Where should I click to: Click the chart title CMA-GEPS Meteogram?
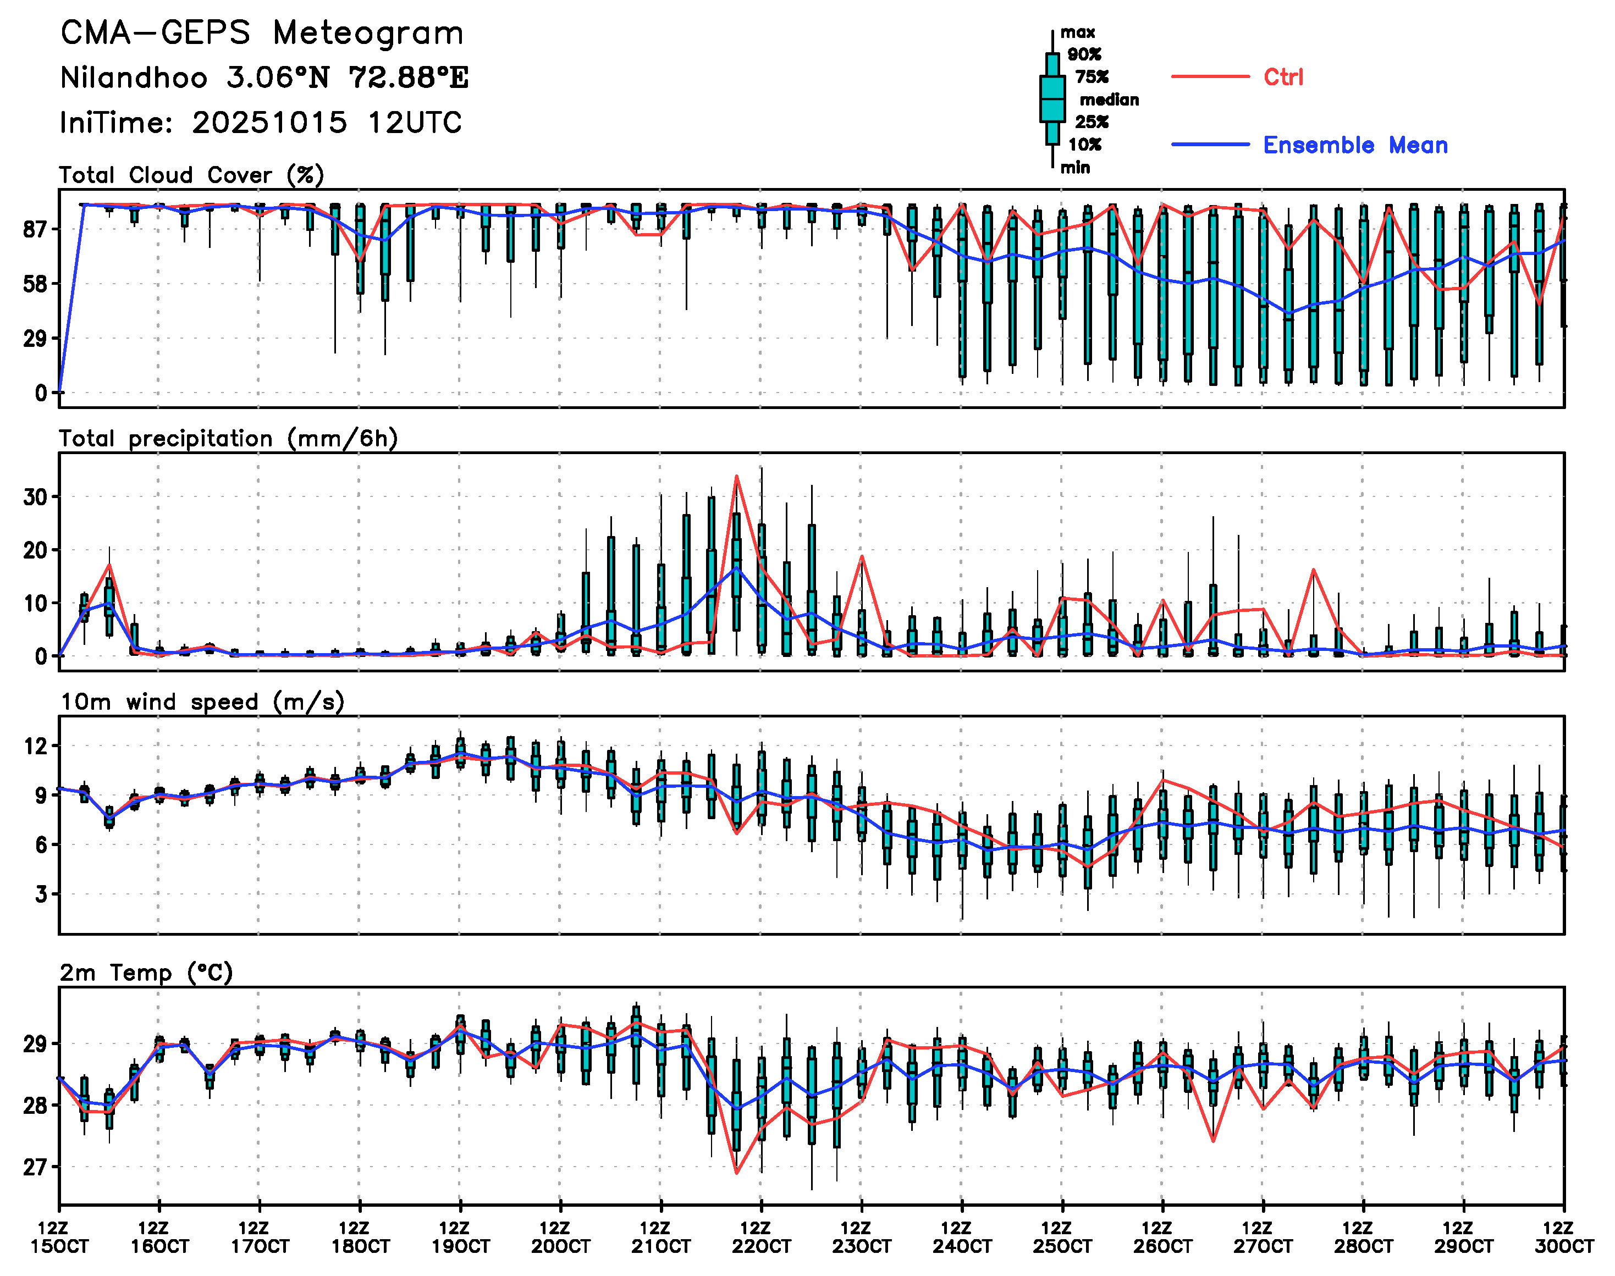click(262, 34)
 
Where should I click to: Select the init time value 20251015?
click(269, 123)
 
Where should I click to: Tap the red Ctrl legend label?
click(1282, 77)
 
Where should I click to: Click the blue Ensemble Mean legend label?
click(1355, 145)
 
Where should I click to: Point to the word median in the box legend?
click(1109, 100)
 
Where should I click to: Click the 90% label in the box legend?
click(1084, 54)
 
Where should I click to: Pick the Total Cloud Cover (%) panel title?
click(191, 175)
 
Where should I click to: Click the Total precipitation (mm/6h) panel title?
click(228, 439)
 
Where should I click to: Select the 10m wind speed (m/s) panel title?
click(202, 702)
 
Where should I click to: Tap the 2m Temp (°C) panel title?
click(146, 973)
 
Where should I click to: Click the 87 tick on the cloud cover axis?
click(35, 229)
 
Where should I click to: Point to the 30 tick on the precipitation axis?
click(35, 497)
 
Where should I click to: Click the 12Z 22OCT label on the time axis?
click(761, 1237)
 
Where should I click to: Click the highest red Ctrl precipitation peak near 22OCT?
click(736, 477)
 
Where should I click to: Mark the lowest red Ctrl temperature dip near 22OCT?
click(736, 1173)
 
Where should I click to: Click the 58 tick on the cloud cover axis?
click(35, 284)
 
